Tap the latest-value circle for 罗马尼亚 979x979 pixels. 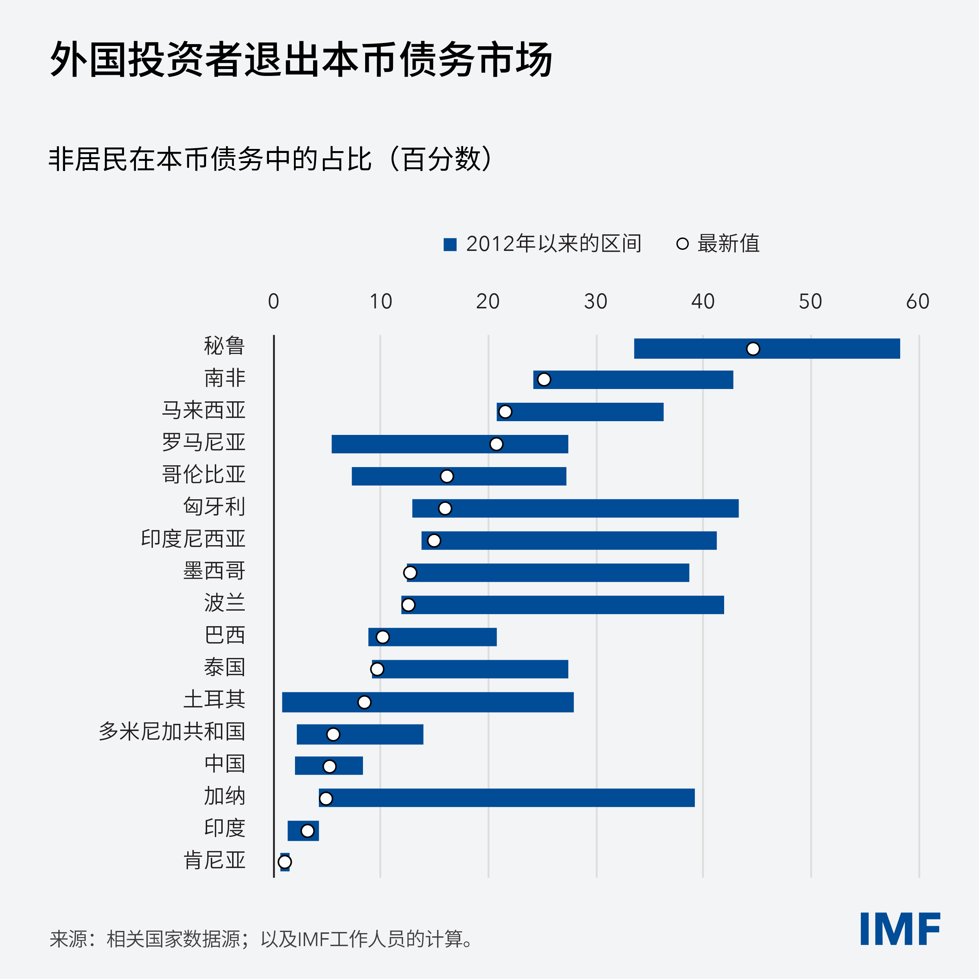496,444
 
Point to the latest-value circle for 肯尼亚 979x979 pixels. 285,862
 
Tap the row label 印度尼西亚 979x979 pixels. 193,539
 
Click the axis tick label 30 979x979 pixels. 595,302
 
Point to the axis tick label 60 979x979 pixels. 917,302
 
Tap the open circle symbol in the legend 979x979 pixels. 682,244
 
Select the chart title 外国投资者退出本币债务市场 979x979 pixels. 301,60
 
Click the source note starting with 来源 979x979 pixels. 261,939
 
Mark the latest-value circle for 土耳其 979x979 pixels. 364,702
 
